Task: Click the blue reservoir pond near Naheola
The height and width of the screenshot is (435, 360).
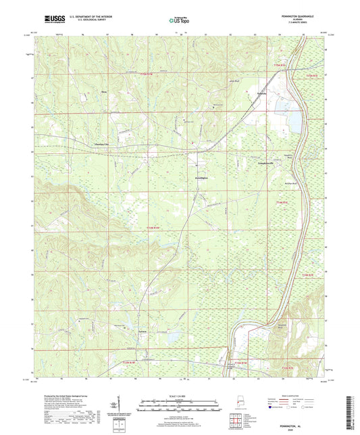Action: click(x=294, y=121)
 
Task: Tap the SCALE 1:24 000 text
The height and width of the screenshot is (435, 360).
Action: click(x=180, y=397)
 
